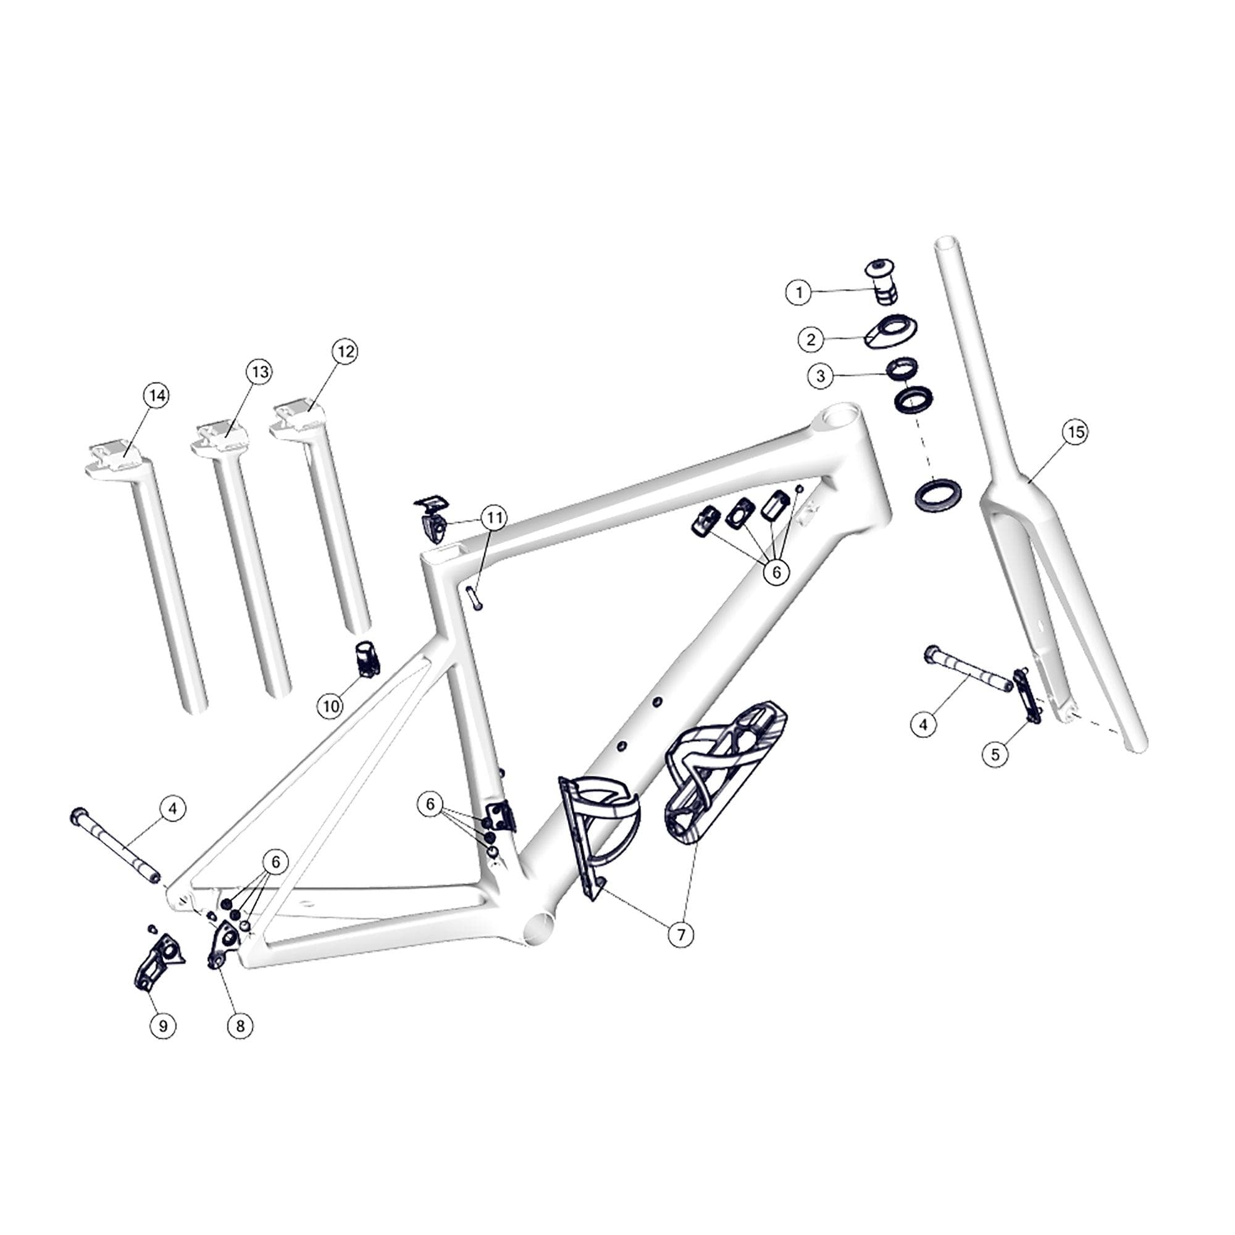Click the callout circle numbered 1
point(798,293)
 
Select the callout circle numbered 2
point(811,339)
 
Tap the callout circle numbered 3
point(821,376)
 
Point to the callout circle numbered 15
point(1076,433)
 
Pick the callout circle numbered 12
point(345,351)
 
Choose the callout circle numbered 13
point(259,372)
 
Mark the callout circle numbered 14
point(156,396)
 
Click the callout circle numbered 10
point(331,706)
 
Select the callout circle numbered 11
point(493,518)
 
